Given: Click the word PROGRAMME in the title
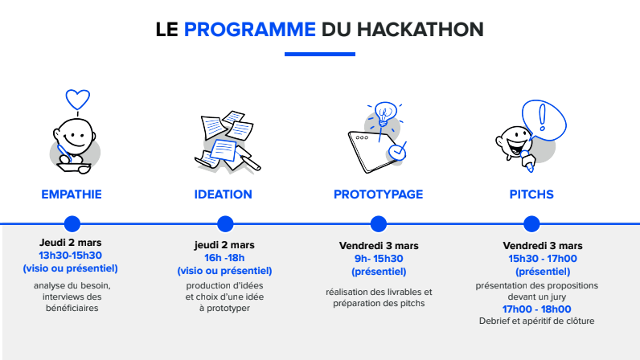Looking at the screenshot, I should pos(249,30).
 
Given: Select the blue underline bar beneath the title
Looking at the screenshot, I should pos(320,55).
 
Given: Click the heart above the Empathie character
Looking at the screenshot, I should pos(77,99).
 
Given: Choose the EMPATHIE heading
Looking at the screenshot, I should pos(72,194).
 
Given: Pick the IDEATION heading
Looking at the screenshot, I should pos(224,194).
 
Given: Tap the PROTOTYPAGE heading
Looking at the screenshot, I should pos(378,194).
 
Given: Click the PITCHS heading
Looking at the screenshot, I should pos(531,194).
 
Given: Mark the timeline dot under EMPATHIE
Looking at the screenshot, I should pos(72,223).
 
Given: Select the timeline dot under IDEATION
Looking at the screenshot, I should pos(225,223).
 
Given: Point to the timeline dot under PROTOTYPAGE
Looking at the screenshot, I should pos(378,223).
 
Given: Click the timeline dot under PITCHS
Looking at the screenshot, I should pos(531,223).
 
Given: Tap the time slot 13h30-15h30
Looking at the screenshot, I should pos(71,256).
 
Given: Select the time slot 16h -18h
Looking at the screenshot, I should pos(224,258).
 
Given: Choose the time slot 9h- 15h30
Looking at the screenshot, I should pos(377,258).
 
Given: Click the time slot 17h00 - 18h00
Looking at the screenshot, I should pos(537,309).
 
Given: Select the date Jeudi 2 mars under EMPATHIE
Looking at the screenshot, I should pos(71,242).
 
